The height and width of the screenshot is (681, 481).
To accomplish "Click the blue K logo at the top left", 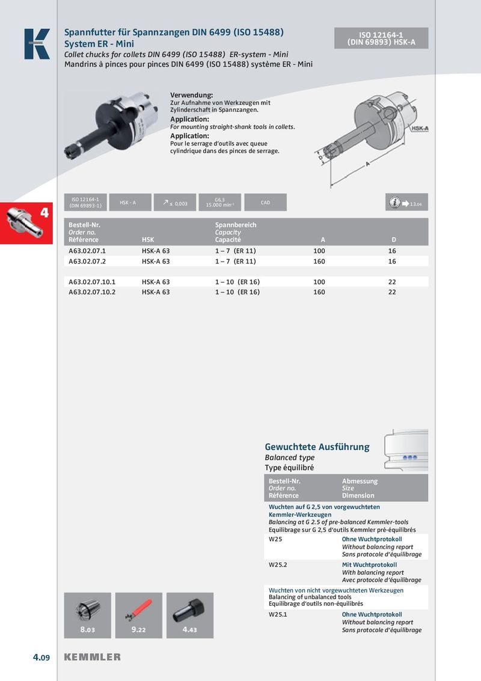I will click(37, 44).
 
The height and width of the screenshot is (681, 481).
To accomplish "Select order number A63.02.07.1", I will click(87, 250).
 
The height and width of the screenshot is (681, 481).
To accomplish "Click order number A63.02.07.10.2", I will click(92, 292).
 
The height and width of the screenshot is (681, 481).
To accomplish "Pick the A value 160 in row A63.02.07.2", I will click(319, 262).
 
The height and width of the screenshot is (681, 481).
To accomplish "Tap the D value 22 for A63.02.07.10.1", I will click(392, 282).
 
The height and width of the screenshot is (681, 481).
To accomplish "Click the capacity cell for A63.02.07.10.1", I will click(237, 282).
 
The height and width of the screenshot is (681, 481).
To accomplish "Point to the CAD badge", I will click(265, 203).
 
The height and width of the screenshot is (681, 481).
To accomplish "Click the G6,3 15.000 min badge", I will click(219, 203).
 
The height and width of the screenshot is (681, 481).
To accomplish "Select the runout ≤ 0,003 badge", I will click(174, 203).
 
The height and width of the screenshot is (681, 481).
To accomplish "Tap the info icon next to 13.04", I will click(395, 203).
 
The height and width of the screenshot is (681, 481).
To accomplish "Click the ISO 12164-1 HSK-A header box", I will click(381, 39).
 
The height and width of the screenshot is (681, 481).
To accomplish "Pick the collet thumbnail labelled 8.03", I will click(88, 615).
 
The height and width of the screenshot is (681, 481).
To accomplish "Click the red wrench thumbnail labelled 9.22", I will click(139, 615).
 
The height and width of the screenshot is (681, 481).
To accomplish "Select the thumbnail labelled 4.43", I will click(190, 615).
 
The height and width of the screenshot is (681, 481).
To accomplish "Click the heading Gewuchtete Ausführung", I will click(317, 447).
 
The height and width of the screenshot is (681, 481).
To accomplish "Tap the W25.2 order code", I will click(278, 565).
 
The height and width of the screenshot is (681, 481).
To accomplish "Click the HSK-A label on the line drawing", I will click(420, 129).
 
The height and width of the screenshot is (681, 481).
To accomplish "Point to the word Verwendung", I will click(192, 96).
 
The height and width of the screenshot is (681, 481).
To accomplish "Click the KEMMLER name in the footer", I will click(92, 657).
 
